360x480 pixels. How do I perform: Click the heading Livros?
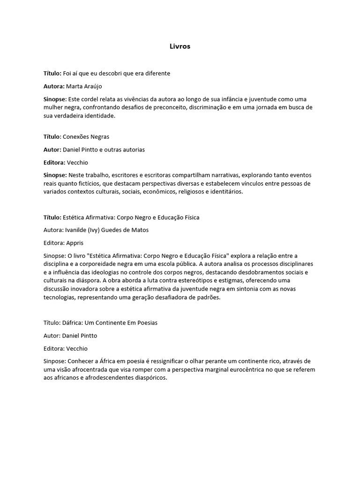180,46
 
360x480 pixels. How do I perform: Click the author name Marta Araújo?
84,86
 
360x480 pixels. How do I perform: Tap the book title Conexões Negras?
86,136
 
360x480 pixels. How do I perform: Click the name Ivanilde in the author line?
75,231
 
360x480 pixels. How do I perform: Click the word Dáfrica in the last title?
73,323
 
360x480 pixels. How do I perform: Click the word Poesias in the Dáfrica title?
146,323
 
